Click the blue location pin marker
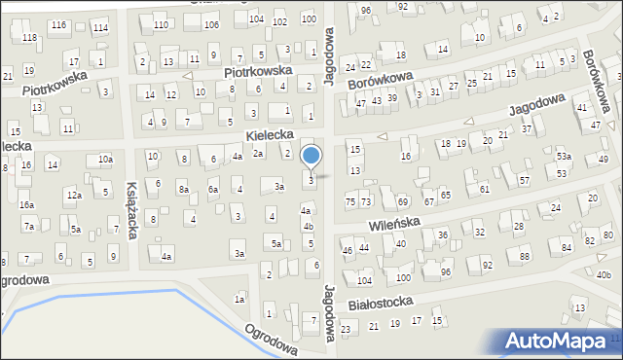[x=311, y=156]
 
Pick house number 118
[x=29, y=37]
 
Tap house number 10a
[x=105, y=159]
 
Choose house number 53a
[x=563, y=157]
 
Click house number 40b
[x=604, y=274]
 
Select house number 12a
[x=74, y=195]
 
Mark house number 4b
[x=309, y=227]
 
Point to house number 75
[x=350, y=201]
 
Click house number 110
[x=160, y=24]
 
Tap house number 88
[x=525, y=256]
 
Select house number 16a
[x=26, y=205]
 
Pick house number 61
[x=484, y=189]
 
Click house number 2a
[x=258, y=154]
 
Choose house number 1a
[x=239, y=300]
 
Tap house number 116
[x=59, y=24]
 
